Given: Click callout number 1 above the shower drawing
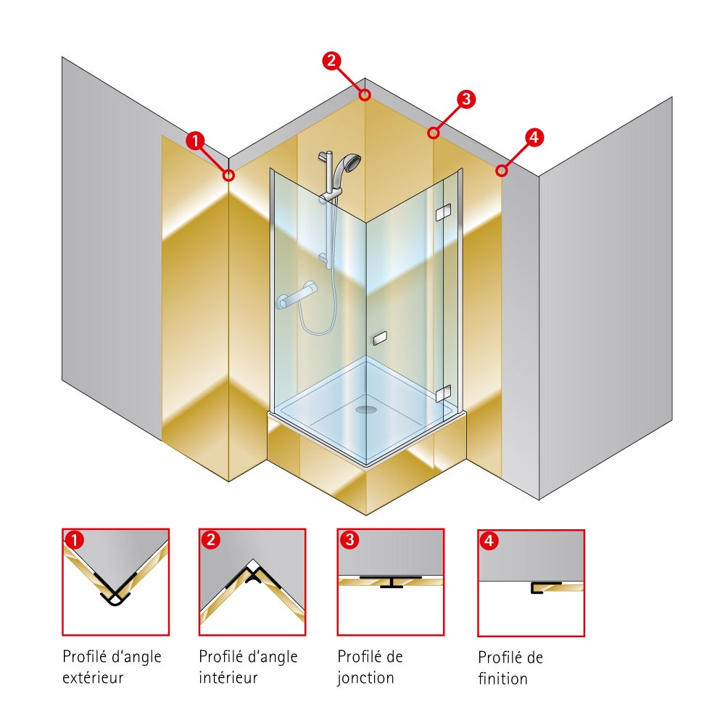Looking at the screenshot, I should coord(195,141).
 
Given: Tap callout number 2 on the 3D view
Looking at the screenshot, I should coord(331,61).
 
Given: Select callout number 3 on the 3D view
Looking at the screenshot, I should coord(466,99).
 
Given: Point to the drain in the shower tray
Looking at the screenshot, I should coord(367,410).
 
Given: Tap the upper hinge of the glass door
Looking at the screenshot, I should coord(442,212).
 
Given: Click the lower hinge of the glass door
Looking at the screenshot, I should coord(443,394).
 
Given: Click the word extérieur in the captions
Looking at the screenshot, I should coord(93,679).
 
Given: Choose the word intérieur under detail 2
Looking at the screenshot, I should coord(228,679).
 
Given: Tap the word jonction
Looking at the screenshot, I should coord(366,679).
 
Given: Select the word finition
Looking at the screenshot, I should coord(502,679).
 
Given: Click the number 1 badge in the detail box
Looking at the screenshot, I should coord(73,539).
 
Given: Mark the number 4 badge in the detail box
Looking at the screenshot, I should coord(489,540).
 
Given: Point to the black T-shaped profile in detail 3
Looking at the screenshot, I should coord(391,581).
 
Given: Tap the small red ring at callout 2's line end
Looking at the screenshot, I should coord(365,94).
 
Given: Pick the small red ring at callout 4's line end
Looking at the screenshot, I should coord(500,170).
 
